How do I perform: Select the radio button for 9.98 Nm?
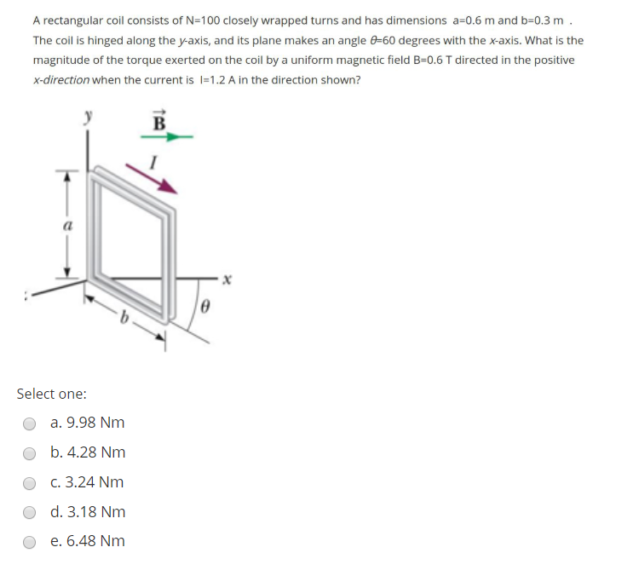point(30,423)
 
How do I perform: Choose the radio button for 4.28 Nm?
point(30,453)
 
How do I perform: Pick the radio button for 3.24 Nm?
point(30,483)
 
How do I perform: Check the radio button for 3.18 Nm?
point(30,513)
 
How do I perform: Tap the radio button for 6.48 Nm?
point(30,542)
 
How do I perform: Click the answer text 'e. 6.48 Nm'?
point(87,541)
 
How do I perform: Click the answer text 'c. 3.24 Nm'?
point(87,482)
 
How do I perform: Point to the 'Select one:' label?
point(51,394)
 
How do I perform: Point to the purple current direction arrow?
point(153,180)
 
